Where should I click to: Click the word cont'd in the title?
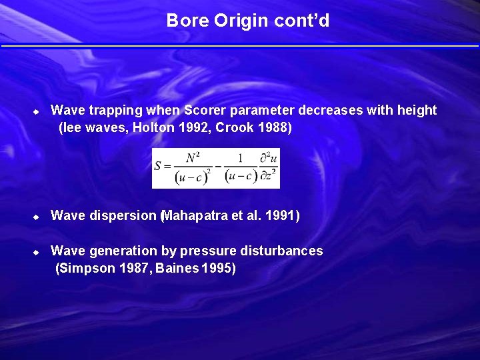tap(301, 21)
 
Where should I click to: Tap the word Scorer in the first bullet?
tap(205, 110)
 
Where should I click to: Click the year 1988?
tap(273, 127)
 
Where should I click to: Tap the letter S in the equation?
tap(159, 167)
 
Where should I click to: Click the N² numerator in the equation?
tap(193, 159)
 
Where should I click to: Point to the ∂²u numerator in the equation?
tap(269, 159)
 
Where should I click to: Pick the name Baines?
tap(177, 269)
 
